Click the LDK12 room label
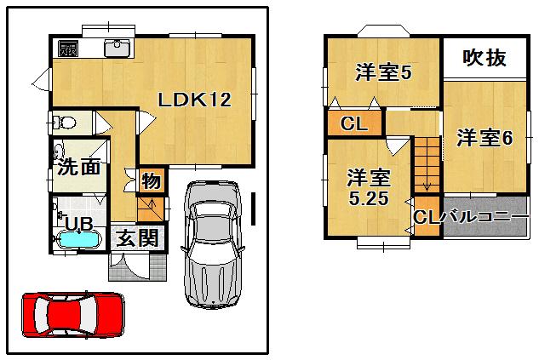[194, 100]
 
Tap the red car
[72, 314]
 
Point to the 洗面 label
[78, 167]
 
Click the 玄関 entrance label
[136, 238]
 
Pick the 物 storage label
[151, 181]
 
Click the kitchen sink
[118, 49]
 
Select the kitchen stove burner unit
[67, 49]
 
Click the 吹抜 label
[484, 59]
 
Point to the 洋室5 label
[383, 73]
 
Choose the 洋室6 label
[483, 138]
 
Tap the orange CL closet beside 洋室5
[353, 124]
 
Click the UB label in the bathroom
[79, 224]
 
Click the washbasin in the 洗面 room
[60, 153]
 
